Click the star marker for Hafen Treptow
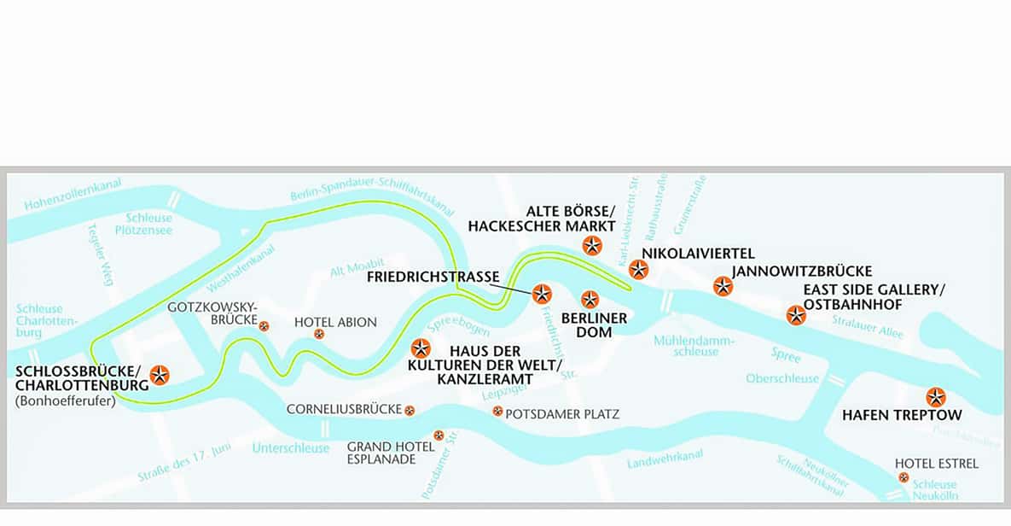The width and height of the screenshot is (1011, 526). click(936, 397)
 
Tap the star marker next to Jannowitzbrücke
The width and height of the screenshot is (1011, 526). click(723, 287)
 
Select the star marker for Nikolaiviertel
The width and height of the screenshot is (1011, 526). click(638, 270)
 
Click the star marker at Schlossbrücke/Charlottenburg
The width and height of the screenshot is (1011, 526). click(160, 374)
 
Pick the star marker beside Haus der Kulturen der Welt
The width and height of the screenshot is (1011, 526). click(421, 348)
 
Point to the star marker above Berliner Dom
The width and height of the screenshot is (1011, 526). click(590, 300)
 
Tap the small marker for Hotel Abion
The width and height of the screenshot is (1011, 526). click(319, 334)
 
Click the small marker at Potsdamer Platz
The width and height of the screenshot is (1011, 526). click(497, 412)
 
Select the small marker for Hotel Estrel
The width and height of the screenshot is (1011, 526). click(904, 478)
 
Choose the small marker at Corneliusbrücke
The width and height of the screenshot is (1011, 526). click(410, 411)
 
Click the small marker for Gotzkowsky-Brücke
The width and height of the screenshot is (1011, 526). click(264, 325)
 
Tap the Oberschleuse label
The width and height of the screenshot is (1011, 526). click(782, 378)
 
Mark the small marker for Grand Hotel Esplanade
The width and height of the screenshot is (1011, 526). click(439, 435)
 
